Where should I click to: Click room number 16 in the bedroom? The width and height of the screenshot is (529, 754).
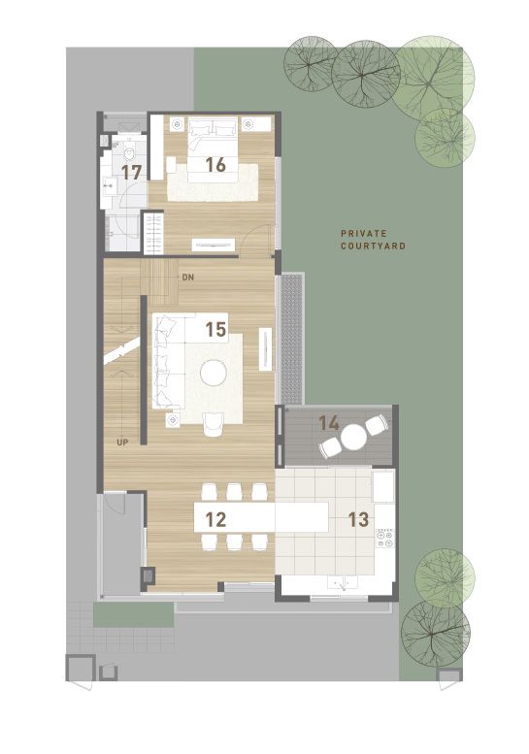tap(215, 165)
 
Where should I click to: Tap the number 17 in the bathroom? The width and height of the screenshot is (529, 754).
tap(131, 172)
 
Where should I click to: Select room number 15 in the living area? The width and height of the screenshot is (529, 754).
tap(215, 329)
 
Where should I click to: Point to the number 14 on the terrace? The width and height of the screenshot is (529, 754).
tap(329, 423)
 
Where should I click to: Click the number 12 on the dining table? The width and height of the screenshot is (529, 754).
tap(215, 519)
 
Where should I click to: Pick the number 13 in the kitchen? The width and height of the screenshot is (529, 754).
tap(358, 519)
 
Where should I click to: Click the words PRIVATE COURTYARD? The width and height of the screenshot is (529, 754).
tap(373, 240)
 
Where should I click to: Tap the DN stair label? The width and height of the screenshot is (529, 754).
tap(188, 278)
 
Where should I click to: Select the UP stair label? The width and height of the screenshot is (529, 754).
tap(122, 442)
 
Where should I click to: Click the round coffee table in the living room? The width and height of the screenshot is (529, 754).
tap(214, 373)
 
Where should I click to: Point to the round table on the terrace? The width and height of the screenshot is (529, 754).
tap(353, 437)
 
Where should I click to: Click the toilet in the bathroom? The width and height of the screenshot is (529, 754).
tap(129, 153)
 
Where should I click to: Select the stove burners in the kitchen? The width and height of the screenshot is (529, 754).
tap(384, 539)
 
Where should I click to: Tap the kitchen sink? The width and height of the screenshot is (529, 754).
tap(343, 582)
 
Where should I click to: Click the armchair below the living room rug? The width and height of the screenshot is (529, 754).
tap(213, 424)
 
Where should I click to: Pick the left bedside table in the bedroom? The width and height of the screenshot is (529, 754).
tap(178, 124)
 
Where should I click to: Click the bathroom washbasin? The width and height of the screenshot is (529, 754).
tap(109, 184)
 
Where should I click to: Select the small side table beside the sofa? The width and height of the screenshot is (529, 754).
tap(173, 420)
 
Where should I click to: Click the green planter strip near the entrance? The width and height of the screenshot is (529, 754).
tap(133, 614)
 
